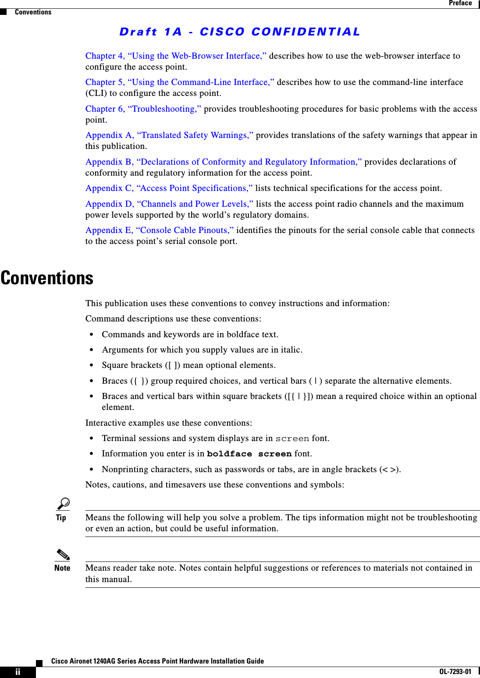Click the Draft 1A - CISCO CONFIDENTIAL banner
point(240,32)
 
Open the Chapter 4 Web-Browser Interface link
point(176,56)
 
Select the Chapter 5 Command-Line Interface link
point(180,82)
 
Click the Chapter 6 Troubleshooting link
point(143,109)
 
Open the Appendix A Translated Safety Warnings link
point(169,135)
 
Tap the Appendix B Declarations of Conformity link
point(224,162)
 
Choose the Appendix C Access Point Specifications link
point(169,188)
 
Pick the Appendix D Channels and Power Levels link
point(169,204)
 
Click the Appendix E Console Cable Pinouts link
point(160,230)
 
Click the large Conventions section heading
point(47,278)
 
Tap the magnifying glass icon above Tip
point(63,504)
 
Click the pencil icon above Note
point(63,554)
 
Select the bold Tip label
point(61,518)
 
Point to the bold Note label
point(62,568)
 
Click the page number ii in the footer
point(18,672)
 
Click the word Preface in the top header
point(460,3)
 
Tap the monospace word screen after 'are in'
point(292,438)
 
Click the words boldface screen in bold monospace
point(249,454)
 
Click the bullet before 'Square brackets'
point(92,365)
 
